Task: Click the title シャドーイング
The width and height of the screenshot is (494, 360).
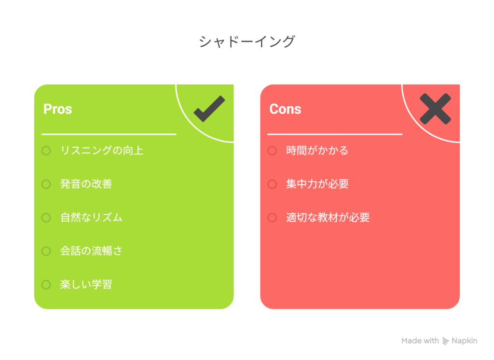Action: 247,42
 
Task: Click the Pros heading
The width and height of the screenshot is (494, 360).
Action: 57,109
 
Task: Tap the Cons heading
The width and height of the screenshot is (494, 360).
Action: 285,109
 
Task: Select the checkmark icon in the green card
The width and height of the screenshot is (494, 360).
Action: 209,109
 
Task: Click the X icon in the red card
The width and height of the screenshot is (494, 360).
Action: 435,109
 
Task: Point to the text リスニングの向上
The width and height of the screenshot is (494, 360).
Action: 102,151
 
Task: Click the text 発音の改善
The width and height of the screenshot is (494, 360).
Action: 86,184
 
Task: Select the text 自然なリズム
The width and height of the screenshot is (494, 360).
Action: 91,218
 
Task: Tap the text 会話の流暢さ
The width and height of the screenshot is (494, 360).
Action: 91,251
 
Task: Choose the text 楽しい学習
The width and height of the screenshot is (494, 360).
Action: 86,284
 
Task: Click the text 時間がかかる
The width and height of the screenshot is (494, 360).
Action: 317,151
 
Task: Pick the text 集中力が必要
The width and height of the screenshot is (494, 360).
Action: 317,184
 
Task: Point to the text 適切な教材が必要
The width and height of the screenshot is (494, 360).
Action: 328,218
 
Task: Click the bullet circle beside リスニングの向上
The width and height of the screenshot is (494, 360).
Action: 46,151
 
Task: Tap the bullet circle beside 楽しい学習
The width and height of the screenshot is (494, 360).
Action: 46,285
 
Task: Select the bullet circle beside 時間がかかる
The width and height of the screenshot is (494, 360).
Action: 272,151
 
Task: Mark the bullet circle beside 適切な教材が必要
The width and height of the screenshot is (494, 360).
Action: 272,218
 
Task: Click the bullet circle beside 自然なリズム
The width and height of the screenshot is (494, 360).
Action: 46,218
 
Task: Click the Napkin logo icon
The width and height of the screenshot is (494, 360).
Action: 445,341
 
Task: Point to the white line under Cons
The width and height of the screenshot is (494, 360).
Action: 335,134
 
